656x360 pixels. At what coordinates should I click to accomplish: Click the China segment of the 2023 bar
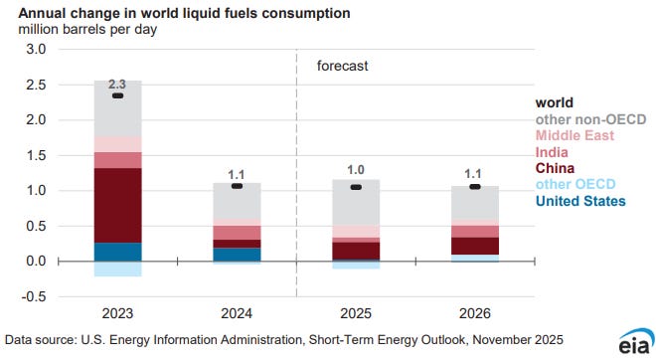tap(117, 205)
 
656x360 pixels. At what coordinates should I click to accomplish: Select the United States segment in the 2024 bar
tap(237, 255)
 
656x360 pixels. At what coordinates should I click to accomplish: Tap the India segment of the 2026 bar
tap(475, 232)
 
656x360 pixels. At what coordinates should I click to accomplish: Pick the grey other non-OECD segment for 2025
tap(356, 203)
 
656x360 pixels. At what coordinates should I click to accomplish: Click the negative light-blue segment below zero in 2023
tap(117, 269)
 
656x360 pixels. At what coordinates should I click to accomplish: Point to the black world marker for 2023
tap(118, 95)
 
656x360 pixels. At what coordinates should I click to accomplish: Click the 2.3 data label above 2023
tap(117, 85)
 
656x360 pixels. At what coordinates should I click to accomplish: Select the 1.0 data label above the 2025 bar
tap(356, 169)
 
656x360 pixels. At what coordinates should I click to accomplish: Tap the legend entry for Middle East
tap(574, 135)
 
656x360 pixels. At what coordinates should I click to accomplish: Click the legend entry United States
tap(580, 201)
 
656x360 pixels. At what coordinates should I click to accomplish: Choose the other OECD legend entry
tap(575, 184)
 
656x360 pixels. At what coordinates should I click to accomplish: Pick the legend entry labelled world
tap(555, 102)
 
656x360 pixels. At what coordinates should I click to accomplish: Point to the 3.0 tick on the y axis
tap(36, 49)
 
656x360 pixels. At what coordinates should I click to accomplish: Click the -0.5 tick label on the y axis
tap(33, 296)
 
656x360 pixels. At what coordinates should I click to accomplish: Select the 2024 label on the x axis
tap(237, 313)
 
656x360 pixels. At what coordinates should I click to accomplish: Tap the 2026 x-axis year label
tap(475, 313)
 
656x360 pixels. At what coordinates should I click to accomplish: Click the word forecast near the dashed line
tap(343, 66)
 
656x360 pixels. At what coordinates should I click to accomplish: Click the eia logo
tap(637, 341)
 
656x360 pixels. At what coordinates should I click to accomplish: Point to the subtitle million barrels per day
tap(87, 30)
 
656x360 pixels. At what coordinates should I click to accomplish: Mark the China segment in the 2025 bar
tap(356, 251)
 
